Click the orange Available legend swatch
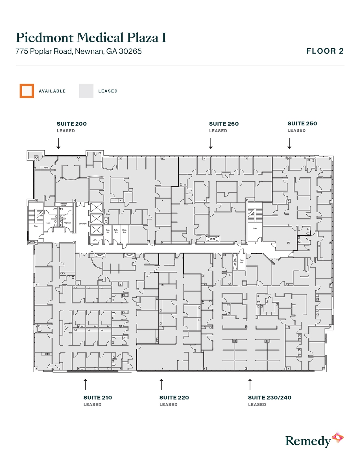click(x=27, y=91)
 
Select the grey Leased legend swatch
click(x=86, y=91)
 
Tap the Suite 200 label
click(x=72, y=124)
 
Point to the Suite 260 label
click(x=224, y=124)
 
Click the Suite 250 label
click(x=302, y=123)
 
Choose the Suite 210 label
click(x=98, y=398)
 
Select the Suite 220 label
click(x=174, y=398)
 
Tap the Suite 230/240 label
click(x=270, y=398)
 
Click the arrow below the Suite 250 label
click(x=289, y=143)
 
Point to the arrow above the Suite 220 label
click(x=161, y=384)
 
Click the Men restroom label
click(x=49, y=223)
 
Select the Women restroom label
click(x=67, y=223)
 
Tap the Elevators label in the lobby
click(x=83, y=224)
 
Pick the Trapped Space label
click(x=64, y=204)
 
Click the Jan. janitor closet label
click(x=95, y=240)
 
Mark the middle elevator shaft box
click(x=97, y=219)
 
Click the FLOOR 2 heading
click(x=325, y=51)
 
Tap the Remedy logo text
click(x=308, y=441)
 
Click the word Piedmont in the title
click(x=44, y=38)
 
